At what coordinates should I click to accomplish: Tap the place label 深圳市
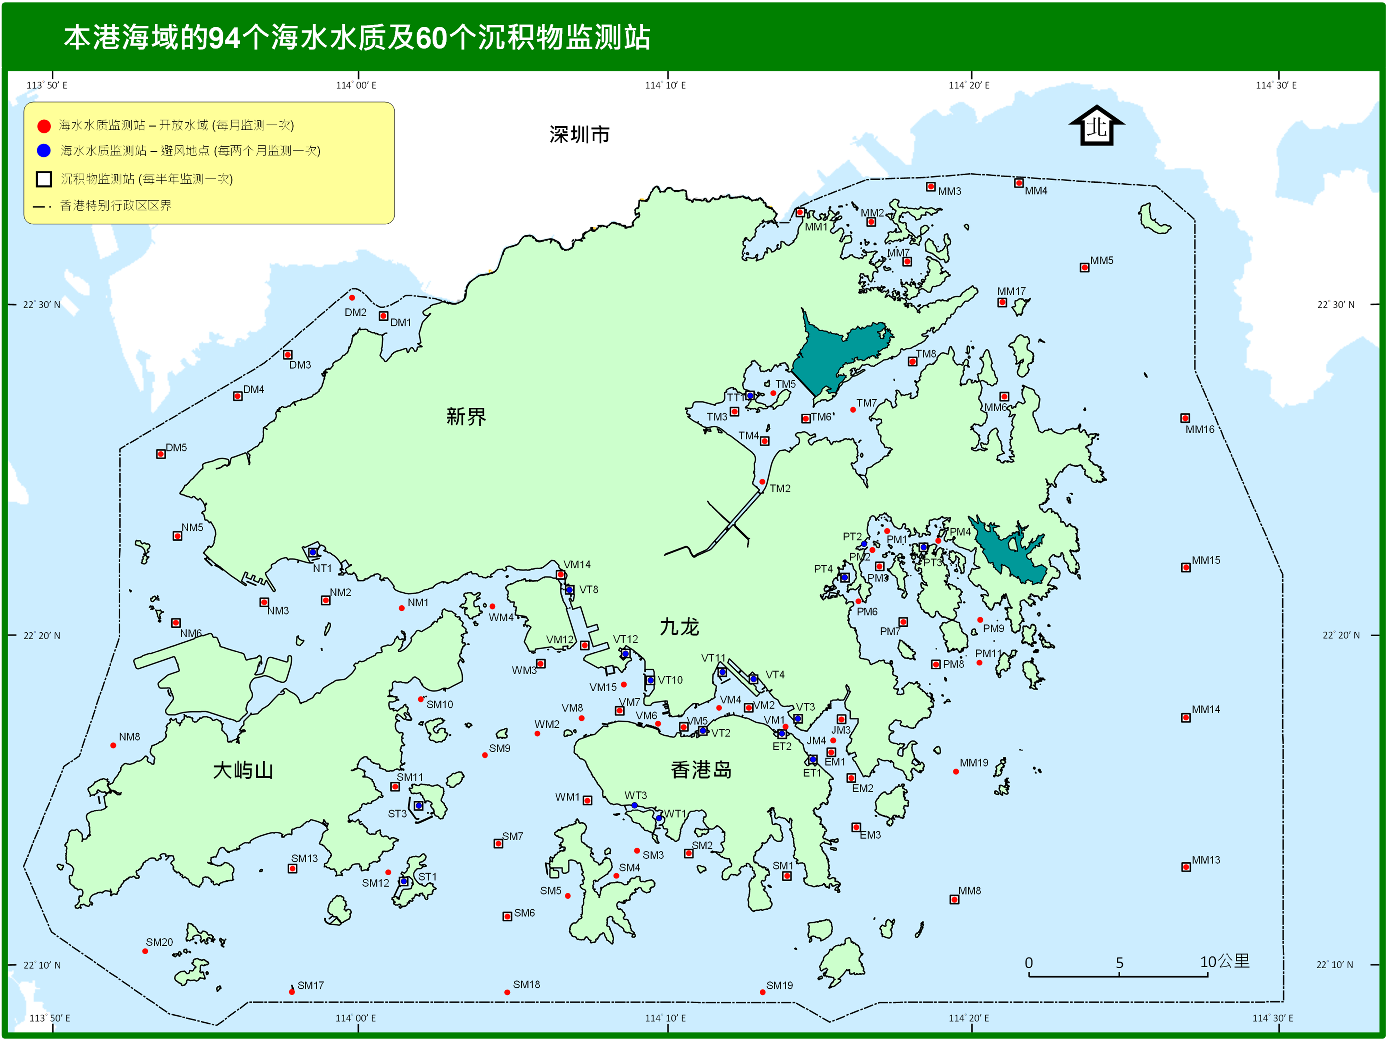[579, 134]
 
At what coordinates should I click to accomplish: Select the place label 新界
[466, 416]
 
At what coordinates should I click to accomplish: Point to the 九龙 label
[679, 626]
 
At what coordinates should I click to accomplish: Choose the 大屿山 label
[243, 770]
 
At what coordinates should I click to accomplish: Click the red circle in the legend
[44, 126]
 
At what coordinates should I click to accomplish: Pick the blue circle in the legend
[44, 150]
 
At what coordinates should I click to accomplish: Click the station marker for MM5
[1084, 268]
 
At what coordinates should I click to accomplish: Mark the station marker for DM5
[161, 454]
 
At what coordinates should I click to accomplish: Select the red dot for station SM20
[145, 951]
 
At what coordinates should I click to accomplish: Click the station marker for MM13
[1186, 867]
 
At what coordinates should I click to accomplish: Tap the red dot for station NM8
[113, 745]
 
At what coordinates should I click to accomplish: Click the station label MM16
[1199, 430]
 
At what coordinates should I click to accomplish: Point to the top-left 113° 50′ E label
[47, 85]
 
